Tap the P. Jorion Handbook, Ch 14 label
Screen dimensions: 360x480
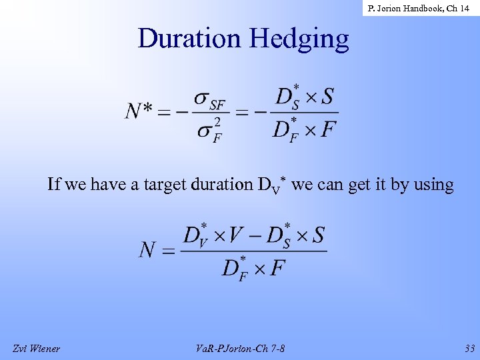(x=418, y=9)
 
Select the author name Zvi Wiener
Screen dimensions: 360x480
(x=36, y=348)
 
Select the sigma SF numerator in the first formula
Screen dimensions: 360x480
(x=210, y=100)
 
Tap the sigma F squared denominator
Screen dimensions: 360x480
(x=209, y=128)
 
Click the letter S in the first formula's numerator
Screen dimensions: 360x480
(x=327, y=97)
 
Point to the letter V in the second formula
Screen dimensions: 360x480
(x=236, y=235)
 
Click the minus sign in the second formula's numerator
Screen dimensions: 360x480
(x=254, y=235)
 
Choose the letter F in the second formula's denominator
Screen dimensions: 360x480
(x=277, y=267)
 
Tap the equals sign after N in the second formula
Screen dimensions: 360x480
(x=168, y=251)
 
